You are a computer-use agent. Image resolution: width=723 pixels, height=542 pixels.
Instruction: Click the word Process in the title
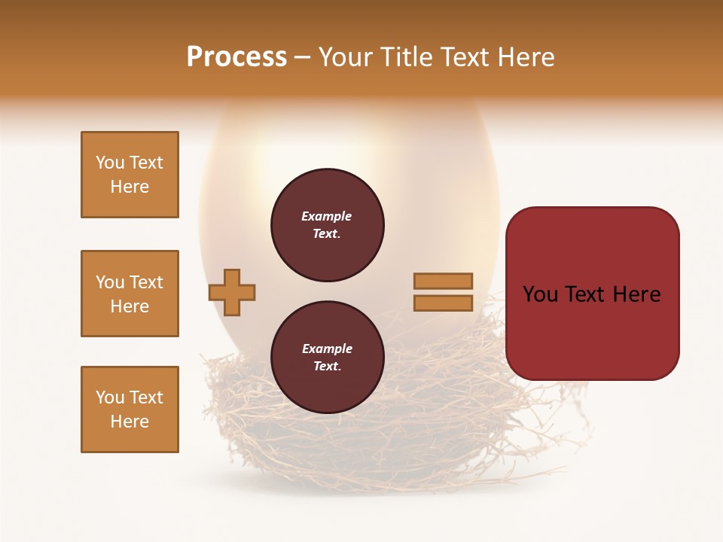(x=236, y=57)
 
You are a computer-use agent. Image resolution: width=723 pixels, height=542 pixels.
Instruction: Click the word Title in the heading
(x=404, y=57)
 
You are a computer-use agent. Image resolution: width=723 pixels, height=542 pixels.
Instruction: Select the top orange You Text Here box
(x=130, y=175)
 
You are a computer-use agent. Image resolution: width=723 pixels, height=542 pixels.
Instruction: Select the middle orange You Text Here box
(x=130, y=294)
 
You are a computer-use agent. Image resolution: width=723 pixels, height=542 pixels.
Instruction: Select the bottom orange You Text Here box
(x=130, y=410)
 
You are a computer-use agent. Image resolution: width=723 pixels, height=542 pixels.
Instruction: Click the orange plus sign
(x=232, y=292)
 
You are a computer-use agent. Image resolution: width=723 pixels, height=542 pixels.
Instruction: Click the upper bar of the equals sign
(x=443, y=281)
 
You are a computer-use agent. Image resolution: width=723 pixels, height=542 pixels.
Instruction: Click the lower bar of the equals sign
(x=443, y=303)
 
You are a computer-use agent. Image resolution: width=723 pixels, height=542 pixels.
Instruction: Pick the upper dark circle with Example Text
(x=328, y=225)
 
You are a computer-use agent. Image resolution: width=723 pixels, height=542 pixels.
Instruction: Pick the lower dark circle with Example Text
(x=328, y=358)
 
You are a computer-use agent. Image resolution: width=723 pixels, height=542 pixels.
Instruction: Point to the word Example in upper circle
(x=327, y=217)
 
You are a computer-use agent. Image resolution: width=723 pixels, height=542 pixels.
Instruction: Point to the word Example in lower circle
(x=327, y=349)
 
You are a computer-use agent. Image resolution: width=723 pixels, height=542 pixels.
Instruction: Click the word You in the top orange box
(x=110, y=163)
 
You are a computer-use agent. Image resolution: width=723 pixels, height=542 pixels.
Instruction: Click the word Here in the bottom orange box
(x=130, y=422)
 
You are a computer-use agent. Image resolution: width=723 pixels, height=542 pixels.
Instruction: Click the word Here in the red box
(x=636, y=294)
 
